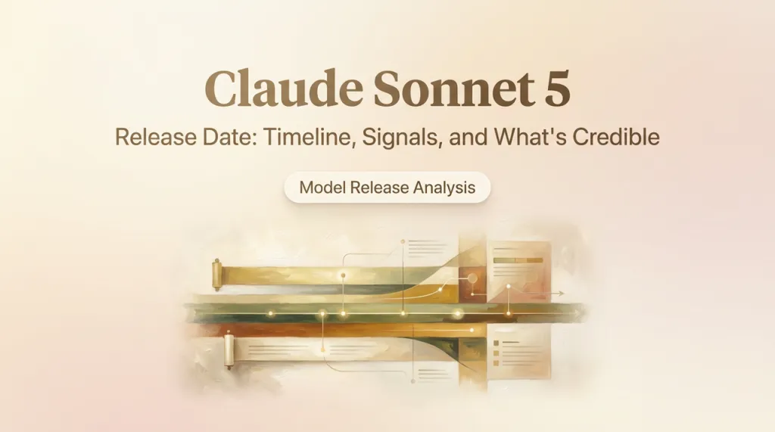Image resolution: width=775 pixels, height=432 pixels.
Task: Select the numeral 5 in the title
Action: coord(558,89)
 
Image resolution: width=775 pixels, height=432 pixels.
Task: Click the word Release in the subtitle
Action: coord(156,136)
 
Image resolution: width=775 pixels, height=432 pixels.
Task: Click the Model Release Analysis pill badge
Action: coord(387,188)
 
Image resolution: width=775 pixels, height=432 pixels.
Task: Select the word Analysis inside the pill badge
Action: coord(444,188)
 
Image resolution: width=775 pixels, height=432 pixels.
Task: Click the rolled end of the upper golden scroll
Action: coord(216,275)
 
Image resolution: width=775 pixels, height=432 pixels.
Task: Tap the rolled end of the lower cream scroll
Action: coord(229,350)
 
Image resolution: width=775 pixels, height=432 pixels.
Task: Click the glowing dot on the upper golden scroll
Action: coord(343,275)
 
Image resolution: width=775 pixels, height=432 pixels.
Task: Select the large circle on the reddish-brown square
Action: coord(472,278)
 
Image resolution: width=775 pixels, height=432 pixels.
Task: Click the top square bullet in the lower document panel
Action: coord(496,343)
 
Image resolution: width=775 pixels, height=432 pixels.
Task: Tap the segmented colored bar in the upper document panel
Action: coord(518,260)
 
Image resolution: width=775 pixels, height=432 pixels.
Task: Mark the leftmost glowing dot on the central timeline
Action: coord(270,313)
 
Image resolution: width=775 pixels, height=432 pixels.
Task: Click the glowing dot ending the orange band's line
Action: coord(472,330)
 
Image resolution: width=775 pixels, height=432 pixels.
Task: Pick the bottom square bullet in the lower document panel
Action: coord(496,363)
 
